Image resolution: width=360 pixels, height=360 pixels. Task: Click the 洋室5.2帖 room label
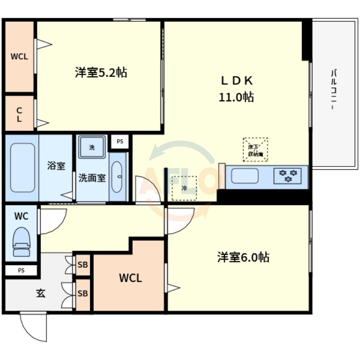coord(101,72)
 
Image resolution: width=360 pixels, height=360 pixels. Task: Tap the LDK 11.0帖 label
coord(237,89)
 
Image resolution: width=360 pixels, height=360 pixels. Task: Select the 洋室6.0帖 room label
coord(243,257)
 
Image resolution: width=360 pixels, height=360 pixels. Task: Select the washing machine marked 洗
coord(92,147)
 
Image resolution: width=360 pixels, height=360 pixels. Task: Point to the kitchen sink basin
coord(245,175)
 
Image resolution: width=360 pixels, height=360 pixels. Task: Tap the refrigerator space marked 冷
coord(184,188)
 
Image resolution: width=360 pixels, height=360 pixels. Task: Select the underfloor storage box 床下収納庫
coord(255,150)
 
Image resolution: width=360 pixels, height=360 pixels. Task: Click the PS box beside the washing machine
coord(120,141)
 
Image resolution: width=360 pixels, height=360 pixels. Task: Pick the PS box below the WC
coord(21,270)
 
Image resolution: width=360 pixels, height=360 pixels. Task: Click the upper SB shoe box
coord(83,265)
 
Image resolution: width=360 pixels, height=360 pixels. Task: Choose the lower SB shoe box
coord(83,293)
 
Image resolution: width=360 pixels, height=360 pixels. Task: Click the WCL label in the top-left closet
coord(19,57)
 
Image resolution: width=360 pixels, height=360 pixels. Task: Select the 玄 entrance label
coord(40,293)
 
